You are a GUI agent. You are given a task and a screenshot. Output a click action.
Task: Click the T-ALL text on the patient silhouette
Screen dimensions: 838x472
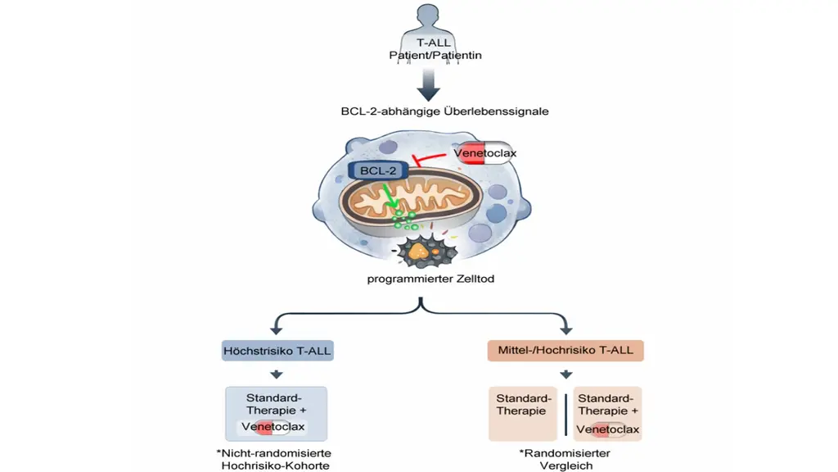434,43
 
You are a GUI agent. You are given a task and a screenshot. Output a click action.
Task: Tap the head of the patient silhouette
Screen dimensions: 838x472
427,14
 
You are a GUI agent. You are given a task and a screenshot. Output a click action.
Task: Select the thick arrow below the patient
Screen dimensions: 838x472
428,84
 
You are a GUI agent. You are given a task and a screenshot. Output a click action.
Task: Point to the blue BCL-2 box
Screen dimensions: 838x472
378,170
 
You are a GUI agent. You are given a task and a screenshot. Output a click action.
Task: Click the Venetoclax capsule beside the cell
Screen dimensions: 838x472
484,153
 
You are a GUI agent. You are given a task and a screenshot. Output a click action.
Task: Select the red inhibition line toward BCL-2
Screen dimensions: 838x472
429,159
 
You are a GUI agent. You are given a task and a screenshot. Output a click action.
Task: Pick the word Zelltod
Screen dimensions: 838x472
475,279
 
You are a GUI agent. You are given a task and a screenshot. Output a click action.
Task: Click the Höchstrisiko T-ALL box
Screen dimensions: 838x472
277,351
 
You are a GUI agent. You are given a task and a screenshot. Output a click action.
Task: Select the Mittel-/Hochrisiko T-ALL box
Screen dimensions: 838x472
565,351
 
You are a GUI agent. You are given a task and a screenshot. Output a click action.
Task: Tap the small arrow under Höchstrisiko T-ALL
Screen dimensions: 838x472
277,374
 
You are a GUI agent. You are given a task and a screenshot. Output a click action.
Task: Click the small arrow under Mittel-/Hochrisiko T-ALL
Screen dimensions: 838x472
566,374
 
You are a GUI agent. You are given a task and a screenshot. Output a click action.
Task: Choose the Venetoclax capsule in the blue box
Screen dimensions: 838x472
273,427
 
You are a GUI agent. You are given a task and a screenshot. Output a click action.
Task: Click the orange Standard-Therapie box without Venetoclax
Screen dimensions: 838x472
523,414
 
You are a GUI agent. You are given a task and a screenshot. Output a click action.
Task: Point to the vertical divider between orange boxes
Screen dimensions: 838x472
565,415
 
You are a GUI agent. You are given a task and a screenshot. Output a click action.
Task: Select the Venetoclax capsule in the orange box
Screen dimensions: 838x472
608,429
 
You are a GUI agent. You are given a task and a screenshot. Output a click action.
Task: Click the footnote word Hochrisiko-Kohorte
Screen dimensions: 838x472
275,465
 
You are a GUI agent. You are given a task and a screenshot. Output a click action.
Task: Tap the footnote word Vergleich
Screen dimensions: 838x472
566,465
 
